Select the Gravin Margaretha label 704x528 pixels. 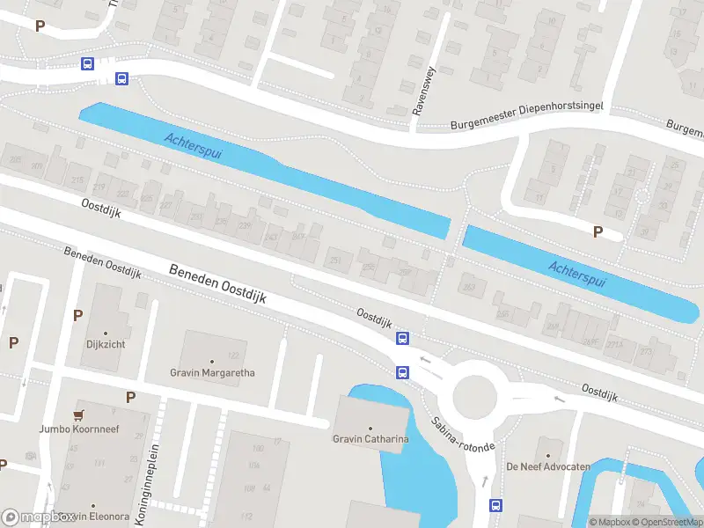(x=212, y=372)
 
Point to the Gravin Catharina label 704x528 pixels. (x=370, y=439)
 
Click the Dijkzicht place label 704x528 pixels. (x=106, y=344)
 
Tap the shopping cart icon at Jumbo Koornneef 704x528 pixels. (x=81, y=415)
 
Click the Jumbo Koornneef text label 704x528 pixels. (x=79, y=429)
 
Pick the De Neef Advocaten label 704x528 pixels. (x=547, y=466)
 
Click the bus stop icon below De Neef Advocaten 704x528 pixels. (x=495, y=505)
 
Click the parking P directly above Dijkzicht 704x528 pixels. (x=78, y=315)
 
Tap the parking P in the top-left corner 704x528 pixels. (x=39, y=26)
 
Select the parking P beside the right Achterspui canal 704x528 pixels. (x=598, y=231)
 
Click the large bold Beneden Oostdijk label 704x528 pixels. (x=230, y=285)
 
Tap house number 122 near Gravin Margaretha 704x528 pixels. (x=233, y=356)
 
